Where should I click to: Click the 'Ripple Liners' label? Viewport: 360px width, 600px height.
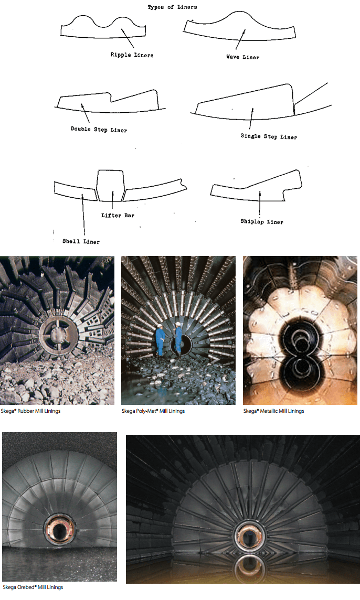click(132, 55)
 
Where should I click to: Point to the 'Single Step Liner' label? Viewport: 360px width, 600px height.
click(269, 137)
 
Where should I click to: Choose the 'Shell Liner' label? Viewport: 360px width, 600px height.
click(81, 241)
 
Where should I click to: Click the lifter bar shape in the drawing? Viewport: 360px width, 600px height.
click(111, 185)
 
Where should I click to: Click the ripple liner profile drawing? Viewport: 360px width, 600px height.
click(102, 29)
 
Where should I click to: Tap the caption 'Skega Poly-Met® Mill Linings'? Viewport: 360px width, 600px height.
click(153, 411)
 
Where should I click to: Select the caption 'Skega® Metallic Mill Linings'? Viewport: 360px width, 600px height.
click(273, 411)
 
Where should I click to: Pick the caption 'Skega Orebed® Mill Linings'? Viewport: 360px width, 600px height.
click(33, 587)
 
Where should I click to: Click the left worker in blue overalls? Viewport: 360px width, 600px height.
click(160, 340)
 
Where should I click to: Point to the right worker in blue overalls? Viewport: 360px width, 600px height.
click(178, 339)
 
